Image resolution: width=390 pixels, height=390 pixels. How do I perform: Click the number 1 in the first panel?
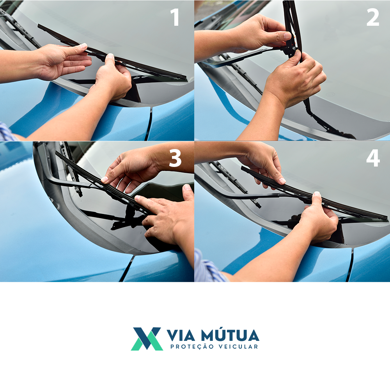tap(175, 17)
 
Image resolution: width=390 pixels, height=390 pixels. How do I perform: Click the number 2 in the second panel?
tap(372, 17)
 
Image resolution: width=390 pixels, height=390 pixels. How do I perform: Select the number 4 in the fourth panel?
tap(373, 158)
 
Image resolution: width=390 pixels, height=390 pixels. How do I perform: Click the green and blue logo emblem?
tap(147, 339)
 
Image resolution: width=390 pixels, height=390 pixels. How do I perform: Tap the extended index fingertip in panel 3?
tap(136, 198)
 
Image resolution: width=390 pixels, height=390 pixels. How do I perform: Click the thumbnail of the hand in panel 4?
tap(282, 181)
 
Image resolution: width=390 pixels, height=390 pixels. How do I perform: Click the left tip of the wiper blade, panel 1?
tap(39, 25)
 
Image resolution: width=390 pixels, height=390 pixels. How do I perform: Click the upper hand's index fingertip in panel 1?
tap(84, 46)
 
